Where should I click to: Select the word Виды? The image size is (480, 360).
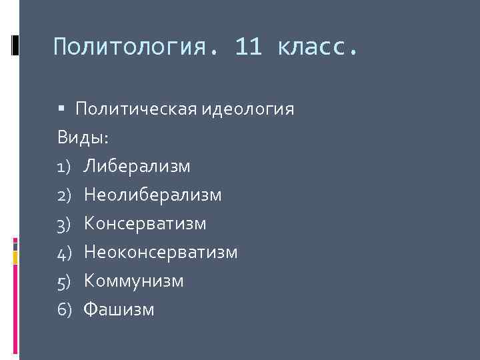tap(83, 137)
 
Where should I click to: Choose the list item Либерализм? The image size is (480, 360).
tap(137, 166)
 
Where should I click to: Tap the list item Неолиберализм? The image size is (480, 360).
tap(153, 195)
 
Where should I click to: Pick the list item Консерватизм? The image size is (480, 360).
tap(145, 223)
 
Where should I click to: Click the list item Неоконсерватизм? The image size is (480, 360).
tap(161, 252)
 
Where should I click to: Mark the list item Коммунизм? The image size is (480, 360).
tap(133, 281)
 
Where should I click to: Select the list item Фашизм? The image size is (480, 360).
tap(119, 309)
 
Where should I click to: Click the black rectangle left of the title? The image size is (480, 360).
tap(15, 45)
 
